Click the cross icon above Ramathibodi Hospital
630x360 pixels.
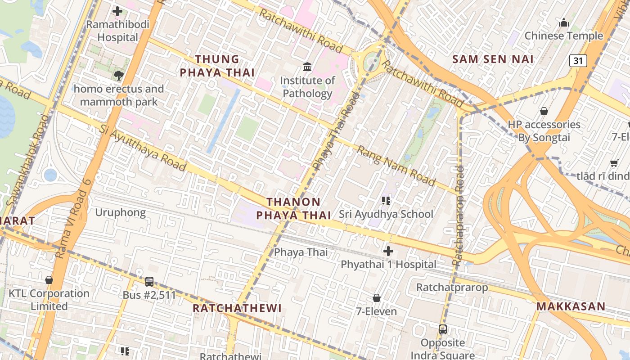click(117, 11)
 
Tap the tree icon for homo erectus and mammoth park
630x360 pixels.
click(119, 76)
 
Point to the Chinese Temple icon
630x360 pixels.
click(563, 22)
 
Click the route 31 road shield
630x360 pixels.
click(578, 60)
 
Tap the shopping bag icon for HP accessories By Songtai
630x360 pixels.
click(544, 111)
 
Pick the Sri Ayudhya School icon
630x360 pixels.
click(386, 201)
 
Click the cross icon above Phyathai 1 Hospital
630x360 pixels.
click(388, 251)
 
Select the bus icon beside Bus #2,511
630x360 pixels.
click(149, 282)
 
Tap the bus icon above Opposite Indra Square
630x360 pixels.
click(443, 329)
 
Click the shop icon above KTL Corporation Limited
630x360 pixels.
click(49, 280)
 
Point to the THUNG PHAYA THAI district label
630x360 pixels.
click(217, 66)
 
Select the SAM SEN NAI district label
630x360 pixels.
click(493, 59)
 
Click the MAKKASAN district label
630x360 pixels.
click(571, 307)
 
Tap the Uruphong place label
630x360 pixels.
click(120, 212)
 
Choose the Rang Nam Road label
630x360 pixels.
click(396, 166)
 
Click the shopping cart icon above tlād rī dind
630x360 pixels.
click(614, 163)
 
